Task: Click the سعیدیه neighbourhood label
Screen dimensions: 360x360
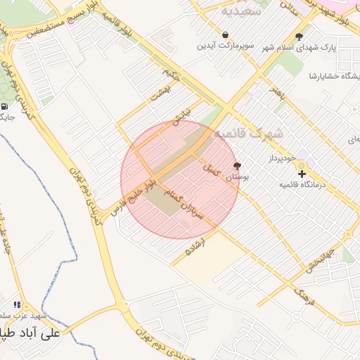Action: pos(241,11)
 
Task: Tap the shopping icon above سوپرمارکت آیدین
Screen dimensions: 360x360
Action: pos(224,34)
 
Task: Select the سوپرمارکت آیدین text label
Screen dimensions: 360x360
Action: pos(224,46)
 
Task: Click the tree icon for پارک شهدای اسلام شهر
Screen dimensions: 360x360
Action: pos(300,37)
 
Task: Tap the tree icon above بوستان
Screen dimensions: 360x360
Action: pos(237,167)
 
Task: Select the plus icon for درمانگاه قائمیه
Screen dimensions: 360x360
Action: pos(302,173)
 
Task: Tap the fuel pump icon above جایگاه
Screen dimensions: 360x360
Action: pos(6,106)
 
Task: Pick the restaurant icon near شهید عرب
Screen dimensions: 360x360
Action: pos(16,304)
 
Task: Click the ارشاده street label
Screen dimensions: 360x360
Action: pos(195,246)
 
